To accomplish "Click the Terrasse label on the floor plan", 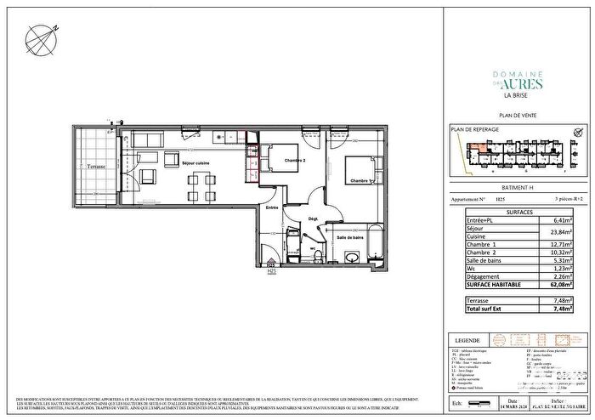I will pyautogui.click(x=94, y=167).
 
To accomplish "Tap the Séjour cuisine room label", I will pyautogui.click(x=196, y=163).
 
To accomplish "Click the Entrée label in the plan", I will pyautogui.click(x=272, y=207).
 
